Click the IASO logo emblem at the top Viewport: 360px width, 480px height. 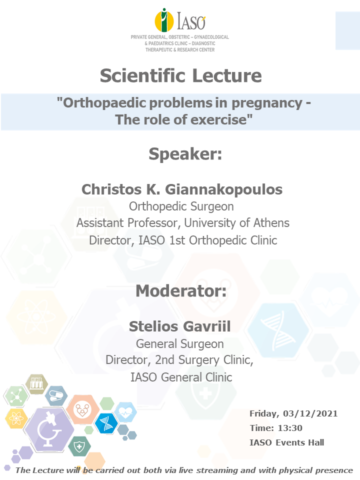(164, 20)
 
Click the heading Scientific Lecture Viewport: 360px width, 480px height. (181, 75)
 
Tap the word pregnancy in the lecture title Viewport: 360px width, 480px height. (267, 103)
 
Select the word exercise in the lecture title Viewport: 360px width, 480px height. (218, 119)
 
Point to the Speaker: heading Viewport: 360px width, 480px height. (185, 153)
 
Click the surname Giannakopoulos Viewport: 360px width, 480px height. (224, 189)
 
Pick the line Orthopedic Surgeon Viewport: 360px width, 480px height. (181, 206)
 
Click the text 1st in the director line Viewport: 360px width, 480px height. (177, 240)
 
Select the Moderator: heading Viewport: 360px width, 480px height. (181, 290)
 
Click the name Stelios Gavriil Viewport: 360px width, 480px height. (179, 326)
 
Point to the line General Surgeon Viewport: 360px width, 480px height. (180, 344)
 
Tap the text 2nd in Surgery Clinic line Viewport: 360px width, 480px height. (164, 360)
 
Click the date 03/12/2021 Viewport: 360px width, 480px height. (310, 413)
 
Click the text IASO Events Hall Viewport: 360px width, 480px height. (287, 442)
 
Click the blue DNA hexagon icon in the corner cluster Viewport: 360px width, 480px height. (106, 423)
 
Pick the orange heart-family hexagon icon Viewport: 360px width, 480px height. (82, 409)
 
